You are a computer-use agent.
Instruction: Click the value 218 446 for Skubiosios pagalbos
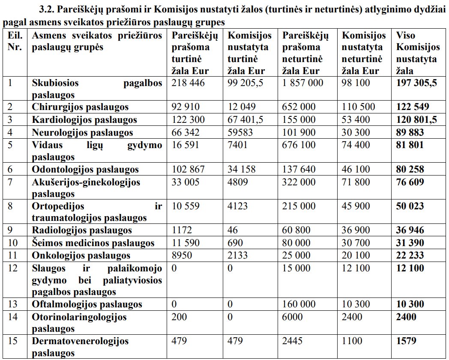click(x=188, y=83)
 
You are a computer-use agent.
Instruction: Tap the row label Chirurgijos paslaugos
click(x=80, y=107)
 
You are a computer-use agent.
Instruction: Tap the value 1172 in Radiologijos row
click(x=182, y=231)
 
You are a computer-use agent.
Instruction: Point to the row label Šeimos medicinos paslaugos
click(x=93, y=243)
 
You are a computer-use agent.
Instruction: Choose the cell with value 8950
click(x=182, y=256)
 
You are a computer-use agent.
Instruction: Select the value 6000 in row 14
click(x=292, y=318)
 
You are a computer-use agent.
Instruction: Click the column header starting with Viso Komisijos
click(x=417, y=53)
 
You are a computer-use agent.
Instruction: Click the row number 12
click(x=13, y=268)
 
